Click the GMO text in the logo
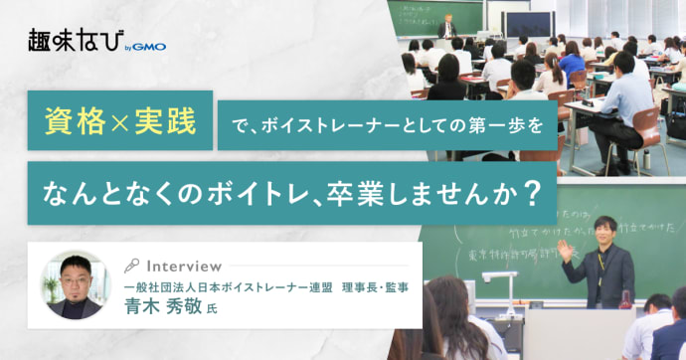click(x=149, y=46)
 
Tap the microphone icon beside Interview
click(x=131, y=267)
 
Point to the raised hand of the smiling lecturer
click(x=566, y=249)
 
